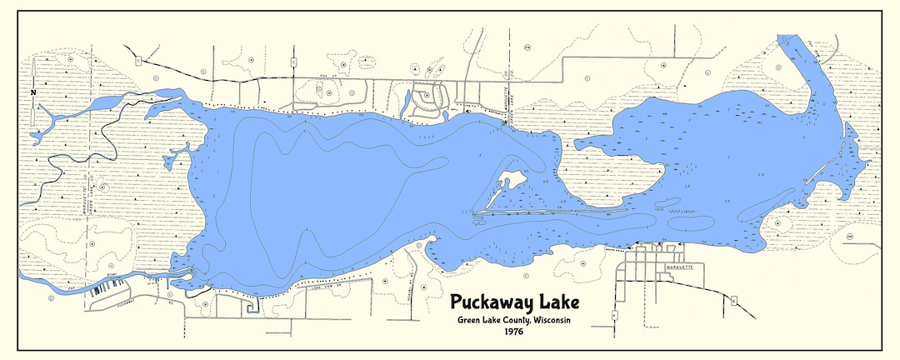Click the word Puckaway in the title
pos(489,301)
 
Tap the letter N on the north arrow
pos(32,92)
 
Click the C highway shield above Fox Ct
pos(293,62)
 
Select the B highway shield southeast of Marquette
pos(733,298)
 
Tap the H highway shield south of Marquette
pos(614,315)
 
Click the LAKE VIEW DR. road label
pos(325,283)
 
